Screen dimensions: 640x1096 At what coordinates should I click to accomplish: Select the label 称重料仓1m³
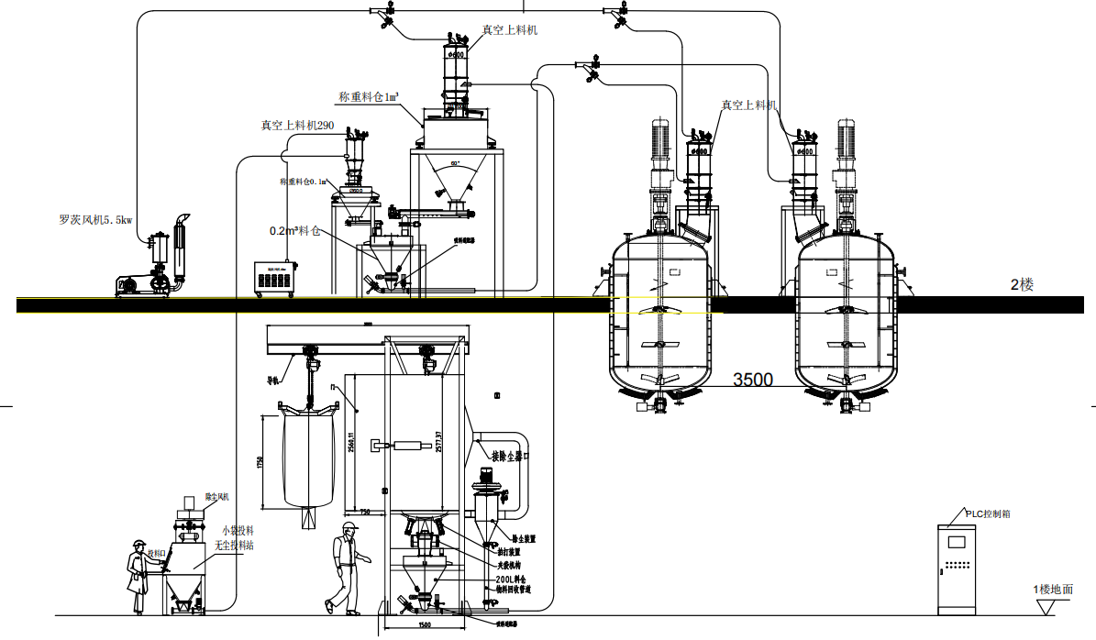369,97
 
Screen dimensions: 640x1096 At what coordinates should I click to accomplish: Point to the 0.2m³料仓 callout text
294,231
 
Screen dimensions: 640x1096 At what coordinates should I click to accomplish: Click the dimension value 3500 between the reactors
752,379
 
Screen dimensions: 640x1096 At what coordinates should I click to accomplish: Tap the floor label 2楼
1022,285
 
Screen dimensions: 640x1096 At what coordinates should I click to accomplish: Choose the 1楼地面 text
1052,590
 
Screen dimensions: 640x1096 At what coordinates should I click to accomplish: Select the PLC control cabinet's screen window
958,541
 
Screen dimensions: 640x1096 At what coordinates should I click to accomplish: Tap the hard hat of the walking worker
349,526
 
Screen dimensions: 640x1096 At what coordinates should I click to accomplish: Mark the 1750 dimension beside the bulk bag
260,460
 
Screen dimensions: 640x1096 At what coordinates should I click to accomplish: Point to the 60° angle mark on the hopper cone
455,164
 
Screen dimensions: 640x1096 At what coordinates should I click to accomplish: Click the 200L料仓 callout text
512,580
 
